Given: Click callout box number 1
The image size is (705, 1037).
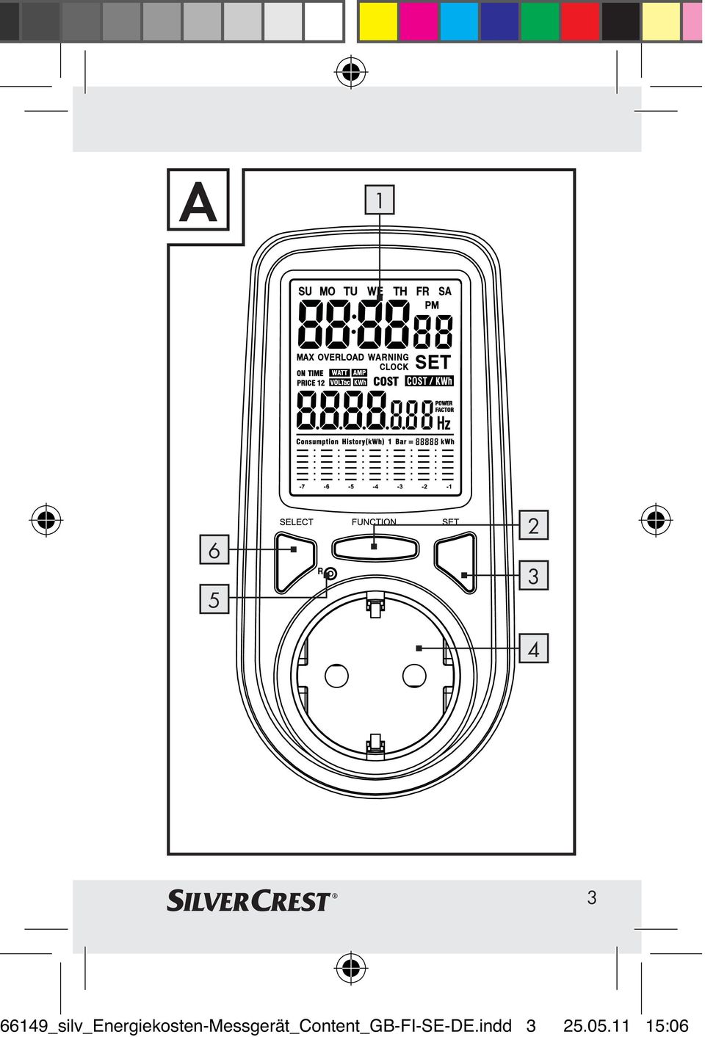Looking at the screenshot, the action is [x=380, y=200].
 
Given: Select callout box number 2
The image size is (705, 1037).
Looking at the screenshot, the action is [x=533, y=525].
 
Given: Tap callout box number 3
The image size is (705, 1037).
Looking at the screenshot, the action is [x=533, y=575].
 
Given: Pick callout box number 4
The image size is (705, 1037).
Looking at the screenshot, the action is [x=533, y=648].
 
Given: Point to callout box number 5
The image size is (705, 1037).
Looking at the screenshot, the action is [x=214, y=599].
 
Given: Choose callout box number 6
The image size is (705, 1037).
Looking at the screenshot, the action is [x=214, y=549].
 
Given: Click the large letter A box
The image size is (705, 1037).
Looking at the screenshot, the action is [x=198, y=200].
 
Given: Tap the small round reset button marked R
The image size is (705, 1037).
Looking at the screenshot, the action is [x=330, y=574].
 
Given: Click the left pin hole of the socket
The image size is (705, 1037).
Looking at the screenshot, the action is [x=336, y=676].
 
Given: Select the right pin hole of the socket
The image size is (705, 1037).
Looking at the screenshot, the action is [x=414, y=676].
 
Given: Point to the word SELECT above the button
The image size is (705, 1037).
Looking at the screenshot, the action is [x=296, y=521].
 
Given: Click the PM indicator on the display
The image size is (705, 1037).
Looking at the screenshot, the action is [x=431, y=305].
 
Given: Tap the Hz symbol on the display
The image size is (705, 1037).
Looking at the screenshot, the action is [x=444, y=423].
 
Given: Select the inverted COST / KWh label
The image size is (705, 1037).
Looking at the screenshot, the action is [x=429, y=380].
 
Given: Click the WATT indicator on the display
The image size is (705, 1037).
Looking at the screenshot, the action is [x=339, y=372].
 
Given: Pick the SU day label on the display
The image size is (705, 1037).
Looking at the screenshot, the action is [x=305, y=291].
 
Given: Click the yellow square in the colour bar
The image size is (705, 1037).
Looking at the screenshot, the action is [x=377, y=21].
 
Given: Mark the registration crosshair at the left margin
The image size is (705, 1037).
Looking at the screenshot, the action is [x=46, y=520].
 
